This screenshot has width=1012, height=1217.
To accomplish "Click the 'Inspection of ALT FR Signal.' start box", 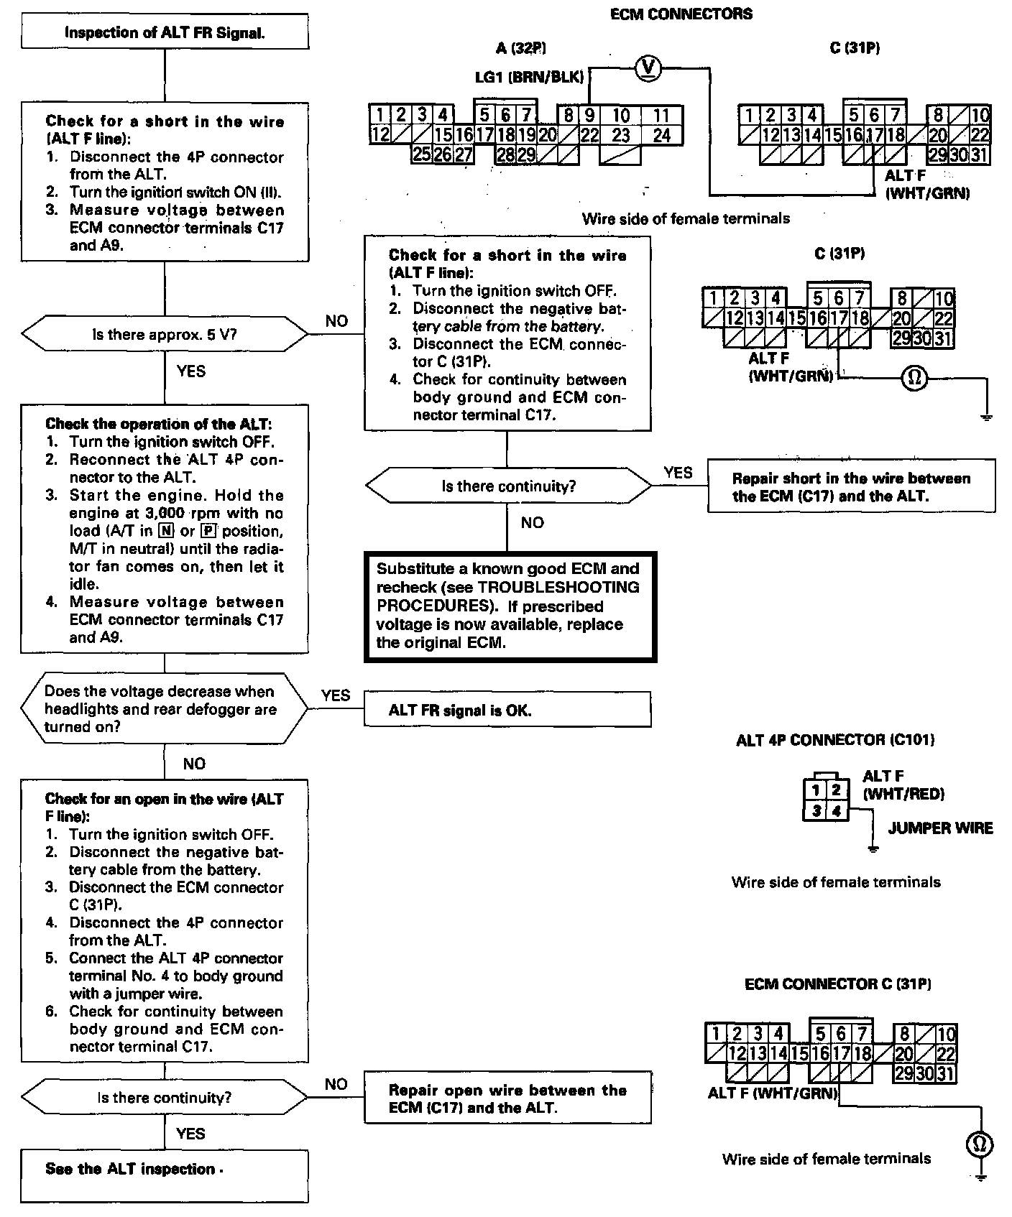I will click(165, 32).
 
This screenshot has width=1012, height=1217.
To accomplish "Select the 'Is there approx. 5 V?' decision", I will click(165, 334).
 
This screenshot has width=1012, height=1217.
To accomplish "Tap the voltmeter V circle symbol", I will click(648, 68).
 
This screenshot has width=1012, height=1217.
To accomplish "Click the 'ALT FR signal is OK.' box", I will click(507, 710).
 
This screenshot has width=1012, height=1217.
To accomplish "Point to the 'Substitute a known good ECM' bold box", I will click(510, 606).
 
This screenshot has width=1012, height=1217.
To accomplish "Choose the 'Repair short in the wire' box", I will click(851, 486).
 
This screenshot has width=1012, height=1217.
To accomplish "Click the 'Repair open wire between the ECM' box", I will click(507, 1098).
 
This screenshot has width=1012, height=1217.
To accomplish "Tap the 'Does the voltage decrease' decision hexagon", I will click(165, 709).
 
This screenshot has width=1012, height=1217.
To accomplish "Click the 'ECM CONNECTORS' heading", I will click(681, 14).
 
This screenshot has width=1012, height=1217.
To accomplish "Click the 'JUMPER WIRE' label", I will click(940, 828).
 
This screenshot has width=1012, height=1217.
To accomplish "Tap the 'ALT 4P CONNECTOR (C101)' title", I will click(835, 740).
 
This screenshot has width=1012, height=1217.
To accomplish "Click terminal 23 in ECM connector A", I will click(621, 134).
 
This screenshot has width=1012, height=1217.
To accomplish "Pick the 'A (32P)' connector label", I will click(521, 48).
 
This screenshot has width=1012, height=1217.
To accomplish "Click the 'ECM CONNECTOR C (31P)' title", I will click(837, 984).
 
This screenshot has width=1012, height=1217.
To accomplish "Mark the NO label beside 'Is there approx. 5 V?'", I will click(336, 321).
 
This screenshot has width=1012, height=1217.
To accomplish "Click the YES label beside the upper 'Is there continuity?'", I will click(678, 472).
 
